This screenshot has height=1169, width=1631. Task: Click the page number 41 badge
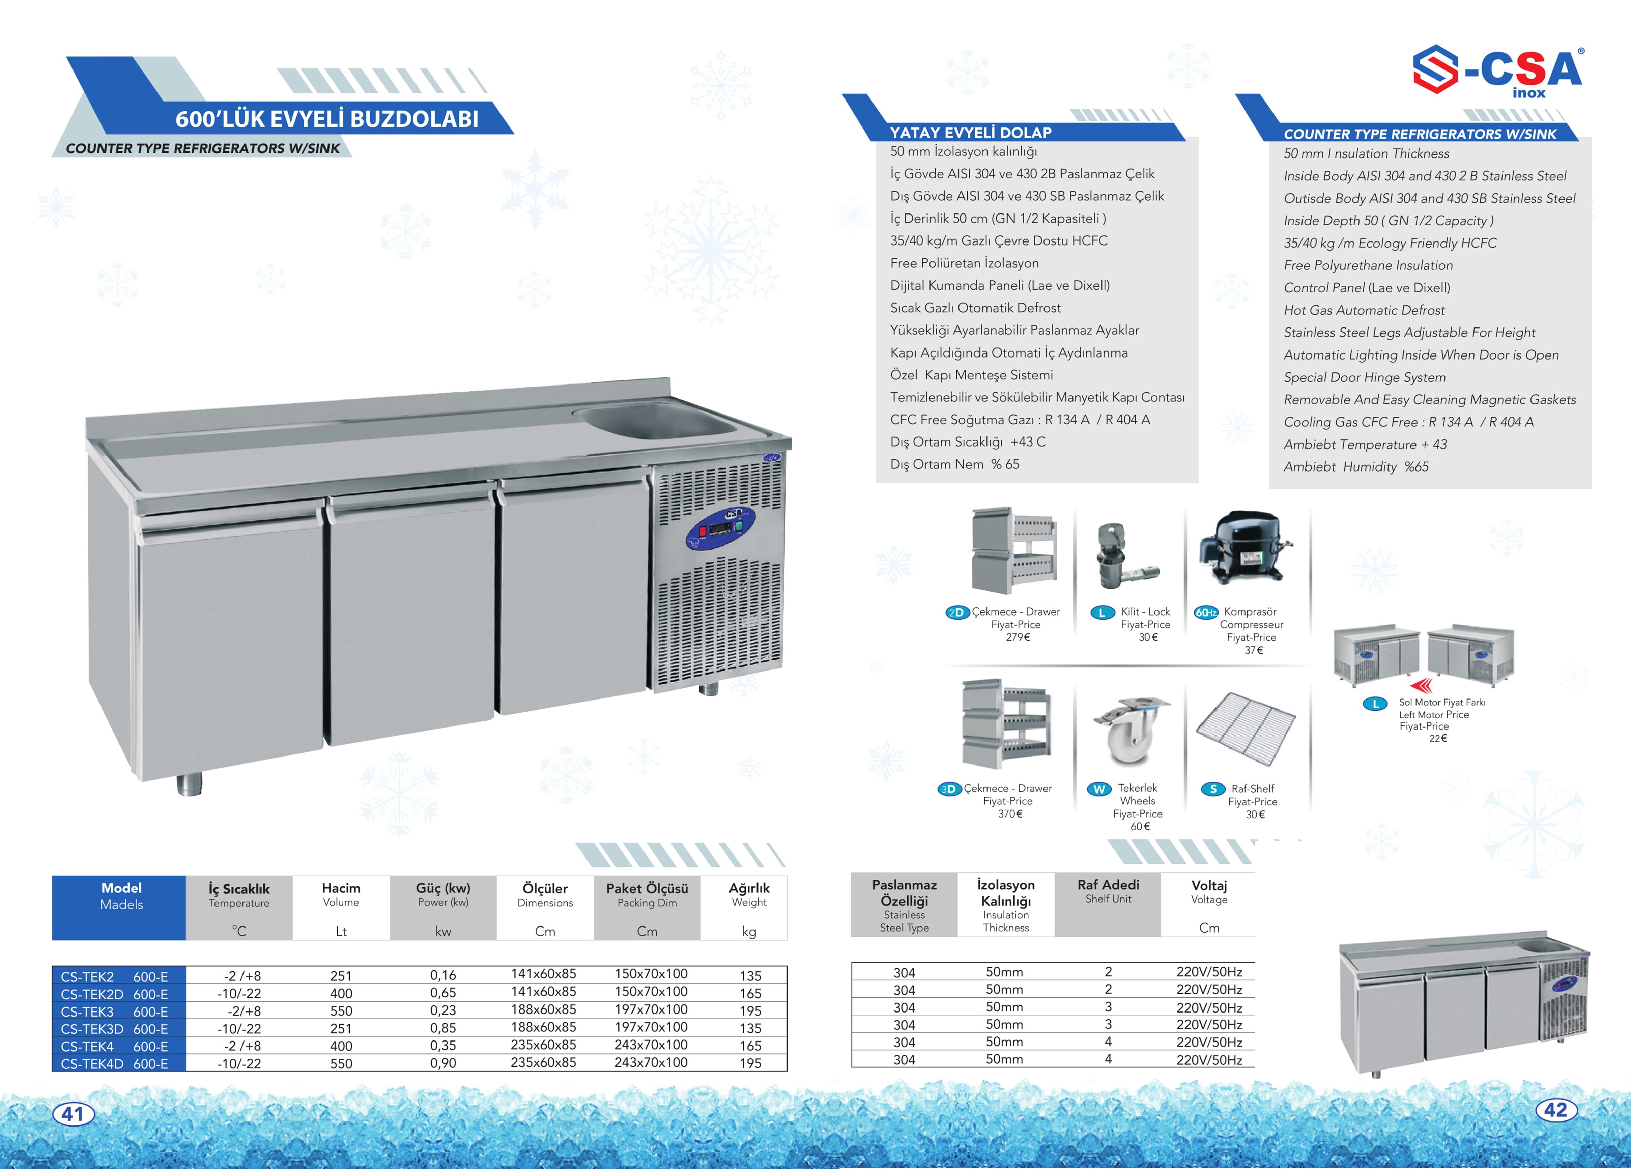[73, 1114]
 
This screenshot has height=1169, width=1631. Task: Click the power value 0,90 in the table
[443, 1063]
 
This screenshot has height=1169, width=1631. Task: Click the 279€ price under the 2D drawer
[1018, 637]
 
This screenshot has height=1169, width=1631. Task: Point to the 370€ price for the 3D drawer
[1010, 814]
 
